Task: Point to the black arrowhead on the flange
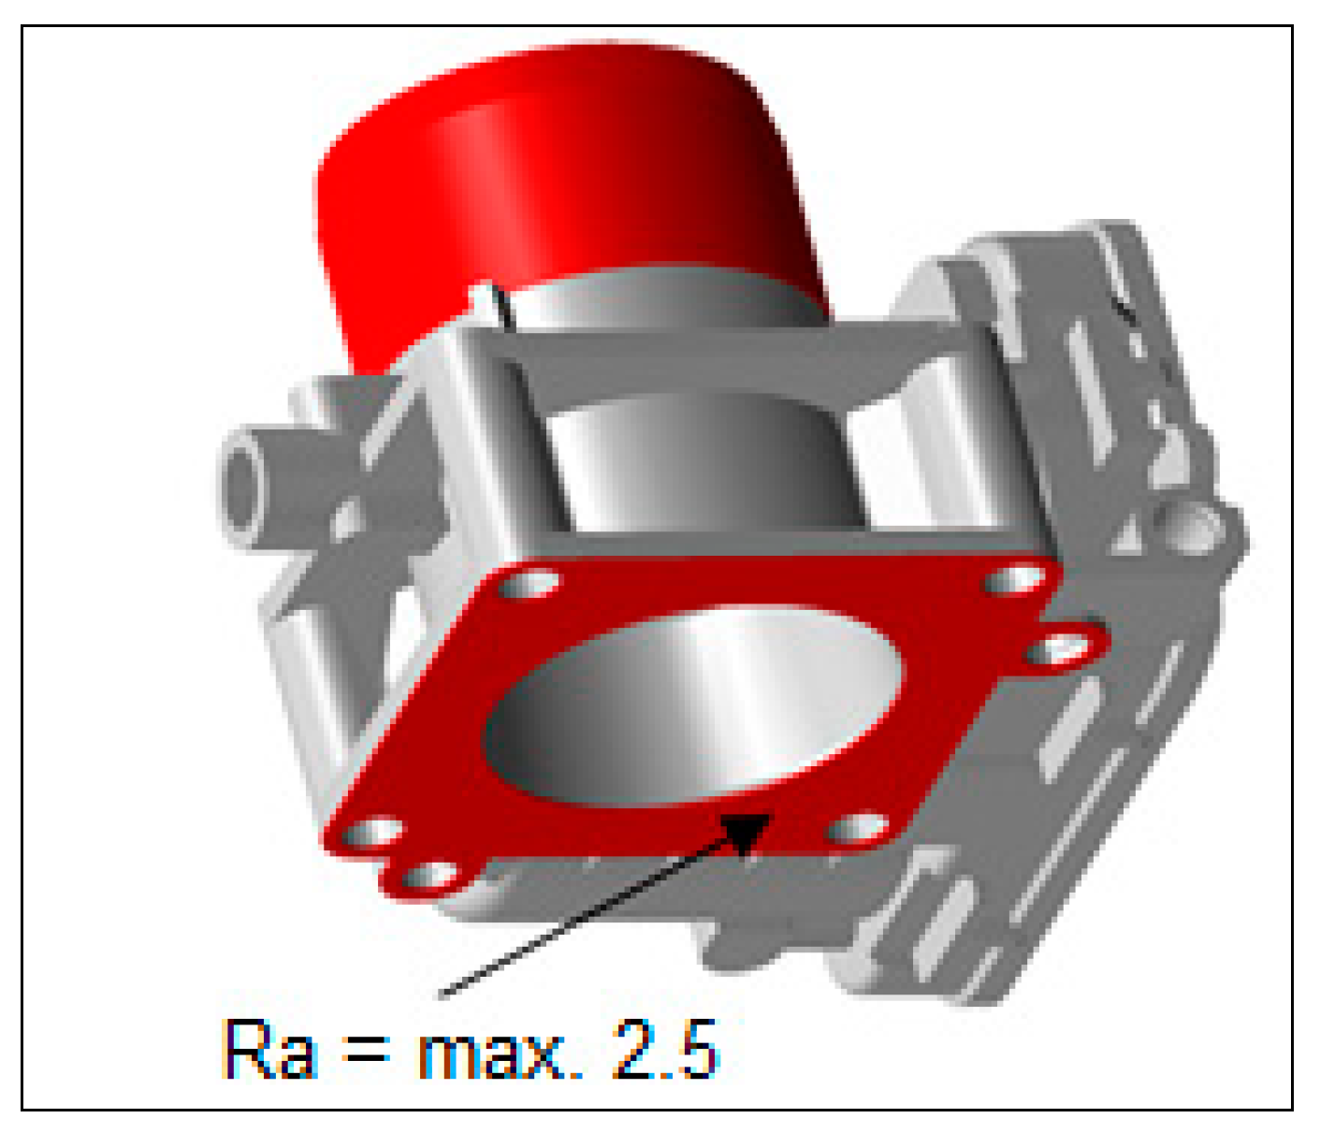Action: tap(746, 832)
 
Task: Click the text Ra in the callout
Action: tap(270, 1050)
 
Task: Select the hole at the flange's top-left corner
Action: tap(528, 586)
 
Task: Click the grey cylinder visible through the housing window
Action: tap(702, 458)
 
